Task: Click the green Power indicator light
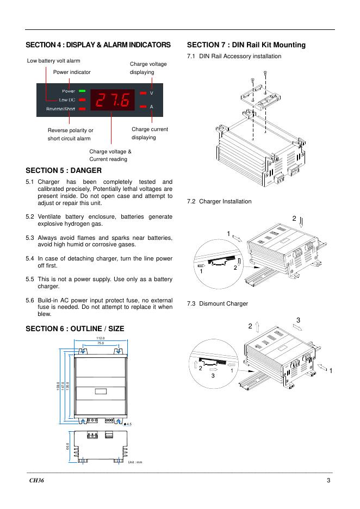[82, 91]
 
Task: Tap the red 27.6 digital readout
[113, 100]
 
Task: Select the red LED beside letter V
[142, 94]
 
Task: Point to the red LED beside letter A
[142, 107]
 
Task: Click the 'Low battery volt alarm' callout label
[53, 60]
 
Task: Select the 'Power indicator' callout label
[72, 72]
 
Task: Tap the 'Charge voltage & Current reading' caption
[110, 156]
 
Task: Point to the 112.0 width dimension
[100, 338]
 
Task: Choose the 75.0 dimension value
[100, 344]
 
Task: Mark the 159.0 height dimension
[58, 386]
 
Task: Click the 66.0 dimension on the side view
[68, 446]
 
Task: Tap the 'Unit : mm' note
[135, 462]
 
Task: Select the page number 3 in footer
[328, 481]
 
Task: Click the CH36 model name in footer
[37, 481]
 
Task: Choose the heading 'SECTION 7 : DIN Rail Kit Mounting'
[246, 45]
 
